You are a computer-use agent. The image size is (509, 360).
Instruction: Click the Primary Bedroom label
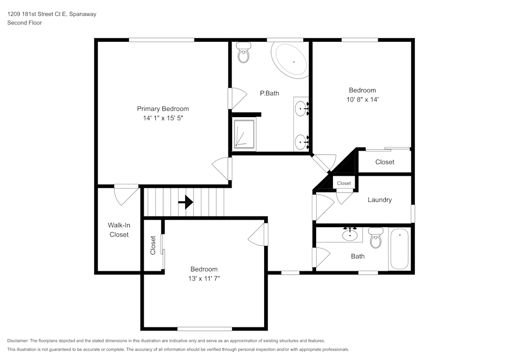click(x=163, y=109)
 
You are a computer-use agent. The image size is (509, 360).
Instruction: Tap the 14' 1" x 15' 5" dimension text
click(x=163, y=118)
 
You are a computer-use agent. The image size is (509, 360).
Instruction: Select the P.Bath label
click(x=269, y=93)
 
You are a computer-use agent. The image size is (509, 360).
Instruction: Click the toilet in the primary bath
click(x=243, y=52)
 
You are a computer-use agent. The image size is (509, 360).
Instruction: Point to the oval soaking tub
click(x=291, y=61)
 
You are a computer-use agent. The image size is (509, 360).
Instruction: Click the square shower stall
click(x=244, y=134)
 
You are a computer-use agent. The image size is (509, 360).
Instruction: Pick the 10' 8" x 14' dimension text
click(x=362, y=100)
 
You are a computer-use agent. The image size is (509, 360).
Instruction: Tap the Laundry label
click(x=380, y=200)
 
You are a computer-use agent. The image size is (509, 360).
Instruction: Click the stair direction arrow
click(x=186, y=202)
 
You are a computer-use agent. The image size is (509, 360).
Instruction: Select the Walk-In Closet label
click(x=119, y=230)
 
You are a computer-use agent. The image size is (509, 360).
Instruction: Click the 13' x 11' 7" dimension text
click(x=204, y=279)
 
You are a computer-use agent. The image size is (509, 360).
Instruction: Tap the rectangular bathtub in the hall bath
click(x=399, y=249)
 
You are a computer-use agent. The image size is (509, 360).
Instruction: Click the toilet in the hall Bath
click(x=376, y=238)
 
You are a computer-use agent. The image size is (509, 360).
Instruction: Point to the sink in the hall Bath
click(x=350, y=234)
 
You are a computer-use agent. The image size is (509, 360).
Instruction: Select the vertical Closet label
click(x=153, y=245)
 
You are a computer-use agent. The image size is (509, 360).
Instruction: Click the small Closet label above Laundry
click(x=344, y=183)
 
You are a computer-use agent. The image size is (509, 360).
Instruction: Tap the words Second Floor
click(x=24, y=23)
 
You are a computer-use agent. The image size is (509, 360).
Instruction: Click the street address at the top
click(x=51, y=14)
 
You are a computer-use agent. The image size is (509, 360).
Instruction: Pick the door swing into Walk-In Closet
click(x=126, y=196)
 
